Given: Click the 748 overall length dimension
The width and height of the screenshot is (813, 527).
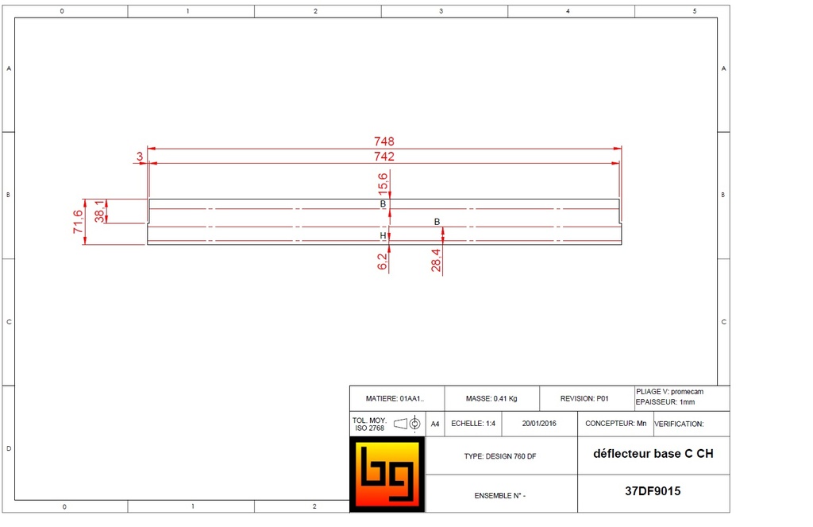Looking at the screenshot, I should pos(384,141).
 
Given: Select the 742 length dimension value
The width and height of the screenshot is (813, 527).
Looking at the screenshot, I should pos(384,157).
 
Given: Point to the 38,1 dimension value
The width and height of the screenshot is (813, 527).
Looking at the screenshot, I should pos(99,211).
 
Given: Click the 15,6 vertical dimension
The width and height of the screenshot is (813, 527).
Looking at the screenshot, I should pos(383,184).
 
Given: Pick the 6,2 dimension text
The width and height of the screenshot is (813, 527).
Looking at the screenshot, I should pos(383,261).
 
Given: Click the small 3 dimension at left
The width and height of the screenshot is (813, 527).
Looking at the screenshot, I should pos(140,157).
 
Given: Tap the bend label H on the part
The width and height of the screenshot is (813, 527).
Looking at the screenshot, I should pos(383,236).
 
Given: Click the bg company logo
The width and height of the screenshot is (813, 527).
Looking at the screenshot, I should pos(387,474).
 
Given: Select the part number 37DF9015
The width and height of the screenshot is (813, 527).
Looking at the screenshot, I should pos(653,491).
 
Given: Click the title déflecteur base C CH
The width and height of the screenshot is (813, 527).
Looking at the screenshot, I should pos(653,455).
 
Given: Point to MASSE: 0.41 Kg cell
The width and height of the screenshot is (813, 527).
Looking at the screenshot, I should pos(491,398).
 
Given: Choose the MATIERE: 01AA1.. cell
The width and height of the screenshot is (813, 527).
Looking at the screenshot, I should pos(395,398).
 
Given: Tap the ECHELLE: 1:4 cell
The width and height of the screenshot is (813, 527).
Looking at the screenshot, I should pos(473,424).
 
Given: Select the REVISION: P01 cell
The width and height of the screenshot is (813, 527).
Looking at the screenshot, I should pos(584,398).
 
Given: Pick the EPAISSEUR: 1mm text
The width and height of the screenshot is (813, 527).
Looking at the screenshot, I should pos(665,402).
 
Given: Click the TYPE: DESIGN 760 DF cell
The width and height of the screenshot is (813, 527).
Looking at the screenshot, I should pos(500,457).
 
